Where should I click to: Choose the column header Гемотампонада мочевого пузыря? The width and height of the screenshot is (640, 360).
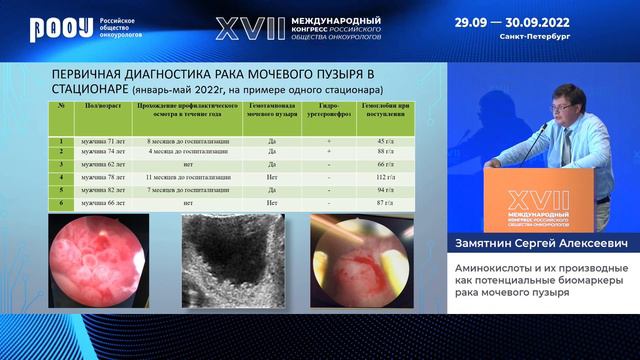coord(271,108)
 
